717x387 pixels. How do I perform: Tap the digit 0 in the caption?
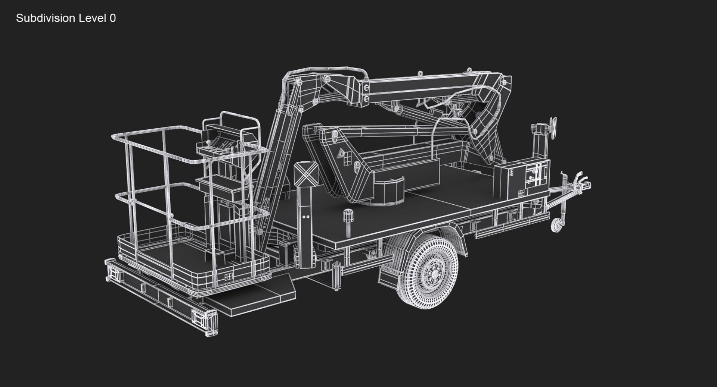point(113,18)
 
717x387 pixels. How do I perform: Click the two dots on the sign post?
point(306,216)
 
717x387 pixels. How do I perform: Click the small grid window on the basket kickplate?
point(227,277)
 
